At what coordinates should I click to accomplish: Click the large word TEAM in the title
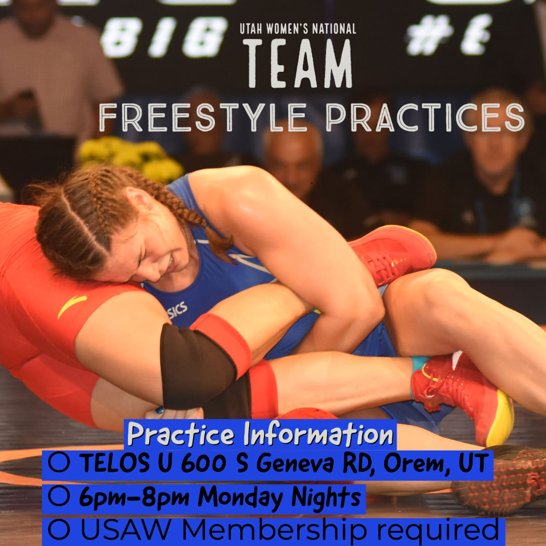[x=298, y=63]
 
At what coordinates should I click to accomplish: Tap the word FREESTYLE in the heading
[x=203, y=118]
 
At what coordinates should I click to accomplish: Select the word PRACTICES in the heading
[x=425, y=118]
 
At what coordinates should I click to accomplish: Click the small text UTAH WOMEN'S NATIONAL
[x=298, y=28]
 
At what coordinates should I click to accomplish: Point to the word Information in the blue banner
[x=318, y=434]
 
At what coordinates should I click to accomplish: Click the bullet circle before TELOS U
[x=59, y=462]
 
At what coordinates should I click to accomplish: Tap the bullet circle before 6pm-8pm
[x=59, y=496]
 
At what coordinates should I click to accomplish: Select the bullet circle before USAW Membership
[x=59, y=530]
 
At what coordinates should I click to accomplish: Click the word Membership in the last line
[x=275, y=530]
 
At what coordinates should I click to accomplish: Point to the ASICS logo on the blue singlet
[x=177, y=310]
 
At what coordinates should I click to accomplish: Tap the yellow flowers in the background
[x=130, y=157]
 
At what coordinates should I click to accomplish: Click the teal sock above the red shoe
[x=420, y=364]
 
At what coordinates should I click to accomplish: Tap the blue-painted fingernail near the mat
[x=159, y=411]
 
